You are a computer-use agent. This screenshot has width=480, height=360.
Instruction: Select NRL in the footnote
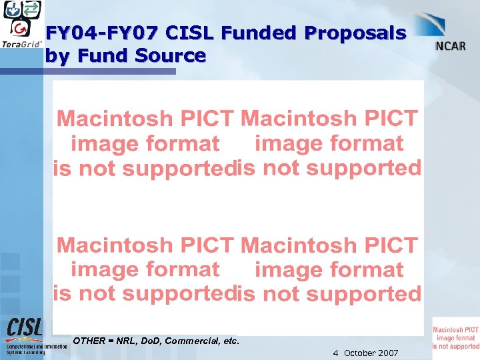tap(126, 341)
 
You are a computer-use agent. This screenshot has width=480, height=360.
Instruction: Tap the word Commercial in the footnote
tap(192, 341)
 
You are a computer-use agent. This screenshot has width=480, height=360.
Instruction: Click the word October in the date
tap(361, 353)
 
